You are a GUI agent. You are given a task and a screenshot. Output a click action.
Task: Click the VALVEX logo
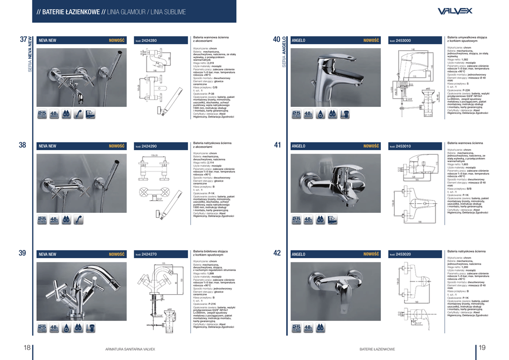(456, 11)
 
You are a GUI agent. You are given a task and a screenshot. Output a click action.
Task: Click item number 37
(23, 39)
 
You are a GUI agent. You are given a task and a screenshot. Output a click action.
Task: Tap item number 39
(23, 253)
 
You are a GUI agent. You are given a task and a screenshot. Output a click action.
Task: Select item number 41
(277, 145)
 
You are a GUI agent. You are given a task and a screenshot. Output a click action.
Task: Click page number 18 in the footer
(27, 348)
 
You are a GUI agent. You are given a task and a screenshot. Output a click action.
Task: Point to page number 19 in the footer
(482, 348)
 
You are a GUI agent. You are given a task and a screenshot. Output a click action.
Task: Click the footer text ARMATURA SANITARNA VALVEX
(130, 350)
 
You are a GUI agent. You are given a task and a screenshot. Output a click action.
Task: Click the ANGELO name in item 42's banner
(299, 254)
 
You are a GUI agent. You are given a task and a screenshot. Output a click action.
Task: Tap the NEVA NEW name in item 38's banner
(48, 146)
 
